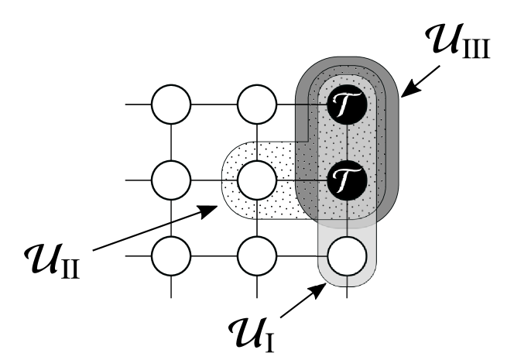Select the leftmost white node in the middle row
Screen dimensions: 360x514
[x=170, y=181]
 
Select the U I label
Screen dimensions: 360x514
[x=252, y=329]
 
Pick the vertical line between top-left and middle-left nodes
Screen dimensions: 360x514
[x=170, y=144]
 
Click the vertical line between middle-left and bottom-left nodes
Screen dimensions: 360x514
[x=170, y=218]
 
